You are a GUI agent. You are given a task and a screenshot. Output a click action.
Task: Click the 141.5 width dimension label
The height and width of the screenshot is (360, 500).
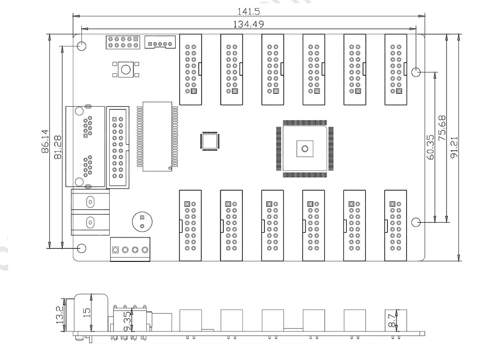point(249,11)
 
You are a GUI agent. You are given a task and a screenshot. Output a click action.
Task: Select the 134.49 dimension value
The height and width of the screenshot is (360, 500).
point(249,24)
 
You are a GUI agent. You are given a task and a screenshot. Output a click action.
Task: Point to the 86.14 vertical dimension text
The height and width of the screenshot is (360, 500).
point(45,141)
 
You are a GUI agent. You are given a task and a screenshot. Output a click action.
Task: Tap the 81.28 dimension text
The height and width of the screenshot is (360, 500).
point(58,147)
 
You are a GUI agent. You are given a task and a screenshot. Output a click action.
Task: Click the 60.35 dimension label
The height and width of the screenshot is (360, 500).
point(430,147)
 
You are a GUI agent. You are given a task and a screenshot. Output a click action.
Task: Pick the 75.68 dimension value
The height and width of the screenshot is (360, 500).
point(442,128)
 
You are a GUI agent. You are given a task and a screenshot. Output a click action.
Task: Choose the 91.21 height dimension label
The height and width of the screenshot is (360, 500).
point(454,147)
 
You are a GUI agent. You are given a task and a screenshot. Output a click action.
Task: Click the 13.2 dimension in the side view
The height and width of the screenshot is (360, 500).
point(60,315)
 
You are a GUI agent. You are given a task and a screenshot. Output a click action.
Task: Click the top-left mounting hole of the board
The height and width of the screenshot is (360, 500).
point(82,45)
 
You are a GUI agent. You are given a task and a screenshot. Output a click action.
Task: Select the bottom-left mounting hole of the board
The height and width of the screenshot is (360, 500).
point(82,248)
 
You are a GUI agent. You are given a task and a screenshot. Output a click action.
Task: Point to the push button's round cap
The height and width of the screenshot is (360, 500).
point(125,69)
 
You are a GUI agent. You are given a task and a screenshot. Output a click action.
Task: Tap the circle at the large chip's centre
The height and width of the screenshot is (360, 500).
point(305,148)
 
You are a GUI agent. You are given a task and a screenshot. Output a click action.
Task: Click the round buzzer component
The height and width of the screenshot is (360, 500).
point(142,222)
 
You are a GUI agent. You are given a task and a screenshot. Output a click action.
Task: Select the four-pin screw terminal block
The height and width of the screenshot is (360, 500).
point(130,249)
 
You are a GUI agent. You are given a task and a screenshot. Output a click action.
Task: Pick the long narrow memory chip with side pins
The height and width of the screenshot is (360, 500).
point(157,136)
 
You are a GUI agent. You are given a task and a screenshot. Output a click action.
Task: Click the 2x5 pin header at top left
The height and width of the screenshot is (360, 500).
point(123,42)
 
